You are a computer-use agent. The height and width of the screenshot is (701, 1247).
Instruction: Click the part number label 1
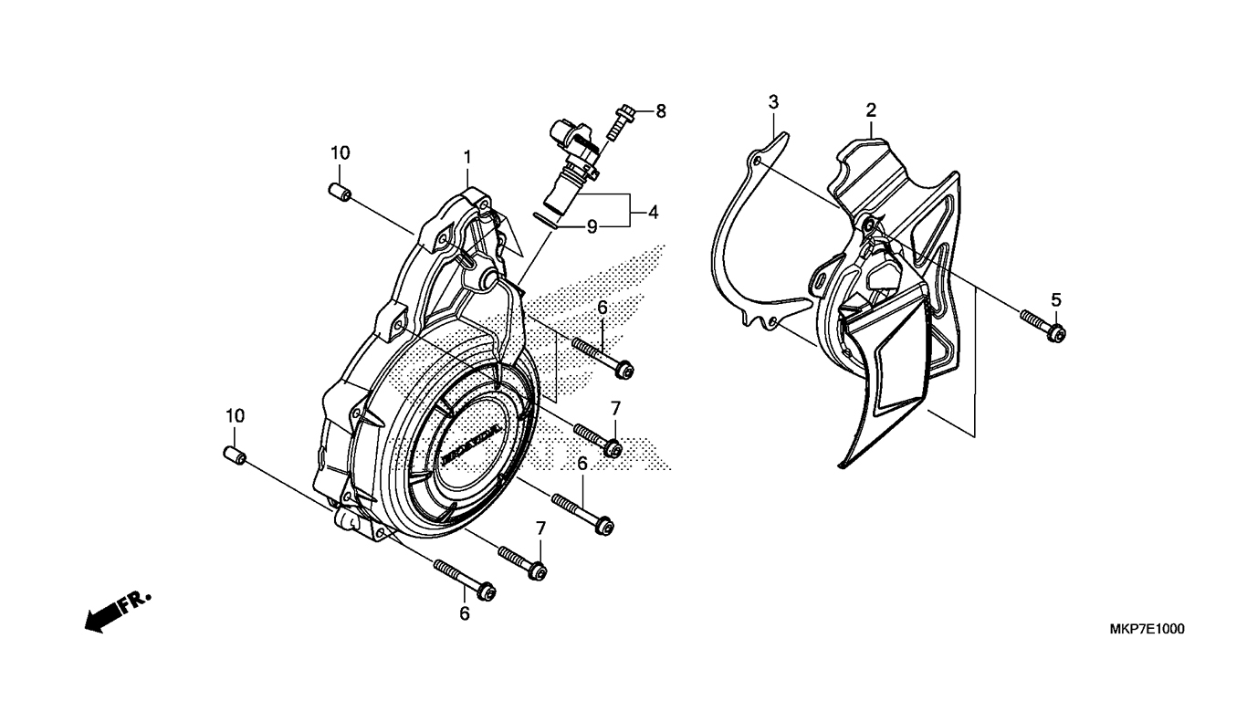[467, 157]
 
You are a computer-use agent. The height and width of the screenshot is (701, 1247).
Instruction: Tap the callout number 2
[871, 110]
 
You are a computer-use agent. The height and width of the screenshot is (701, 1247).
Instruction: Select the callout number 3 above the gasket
[773, 101]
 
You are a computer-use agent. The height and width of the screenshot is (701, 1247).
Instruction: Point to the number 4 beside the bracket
[653, 212]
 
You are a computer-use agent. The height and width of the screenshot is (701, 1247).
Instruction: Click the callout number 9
[592, 226]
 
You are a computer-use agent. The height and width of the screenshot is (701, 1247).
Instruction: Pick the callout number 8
[661, 111]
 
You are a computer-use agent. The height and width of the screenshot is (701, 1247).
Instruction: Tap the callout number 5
[1056, 299]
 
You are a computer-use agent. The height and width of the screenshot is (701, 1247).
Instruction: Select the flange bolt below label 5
[1043, 326]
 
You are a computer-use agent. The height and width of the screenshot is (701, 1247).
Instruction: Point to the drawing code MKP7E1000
[1147, 630]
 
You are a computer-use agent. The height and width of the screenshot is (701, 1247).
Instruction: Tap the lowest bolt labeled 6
[465, 579]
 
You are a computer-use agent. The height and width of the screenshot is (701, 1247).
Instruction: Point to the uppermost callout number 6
[603, 309]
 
